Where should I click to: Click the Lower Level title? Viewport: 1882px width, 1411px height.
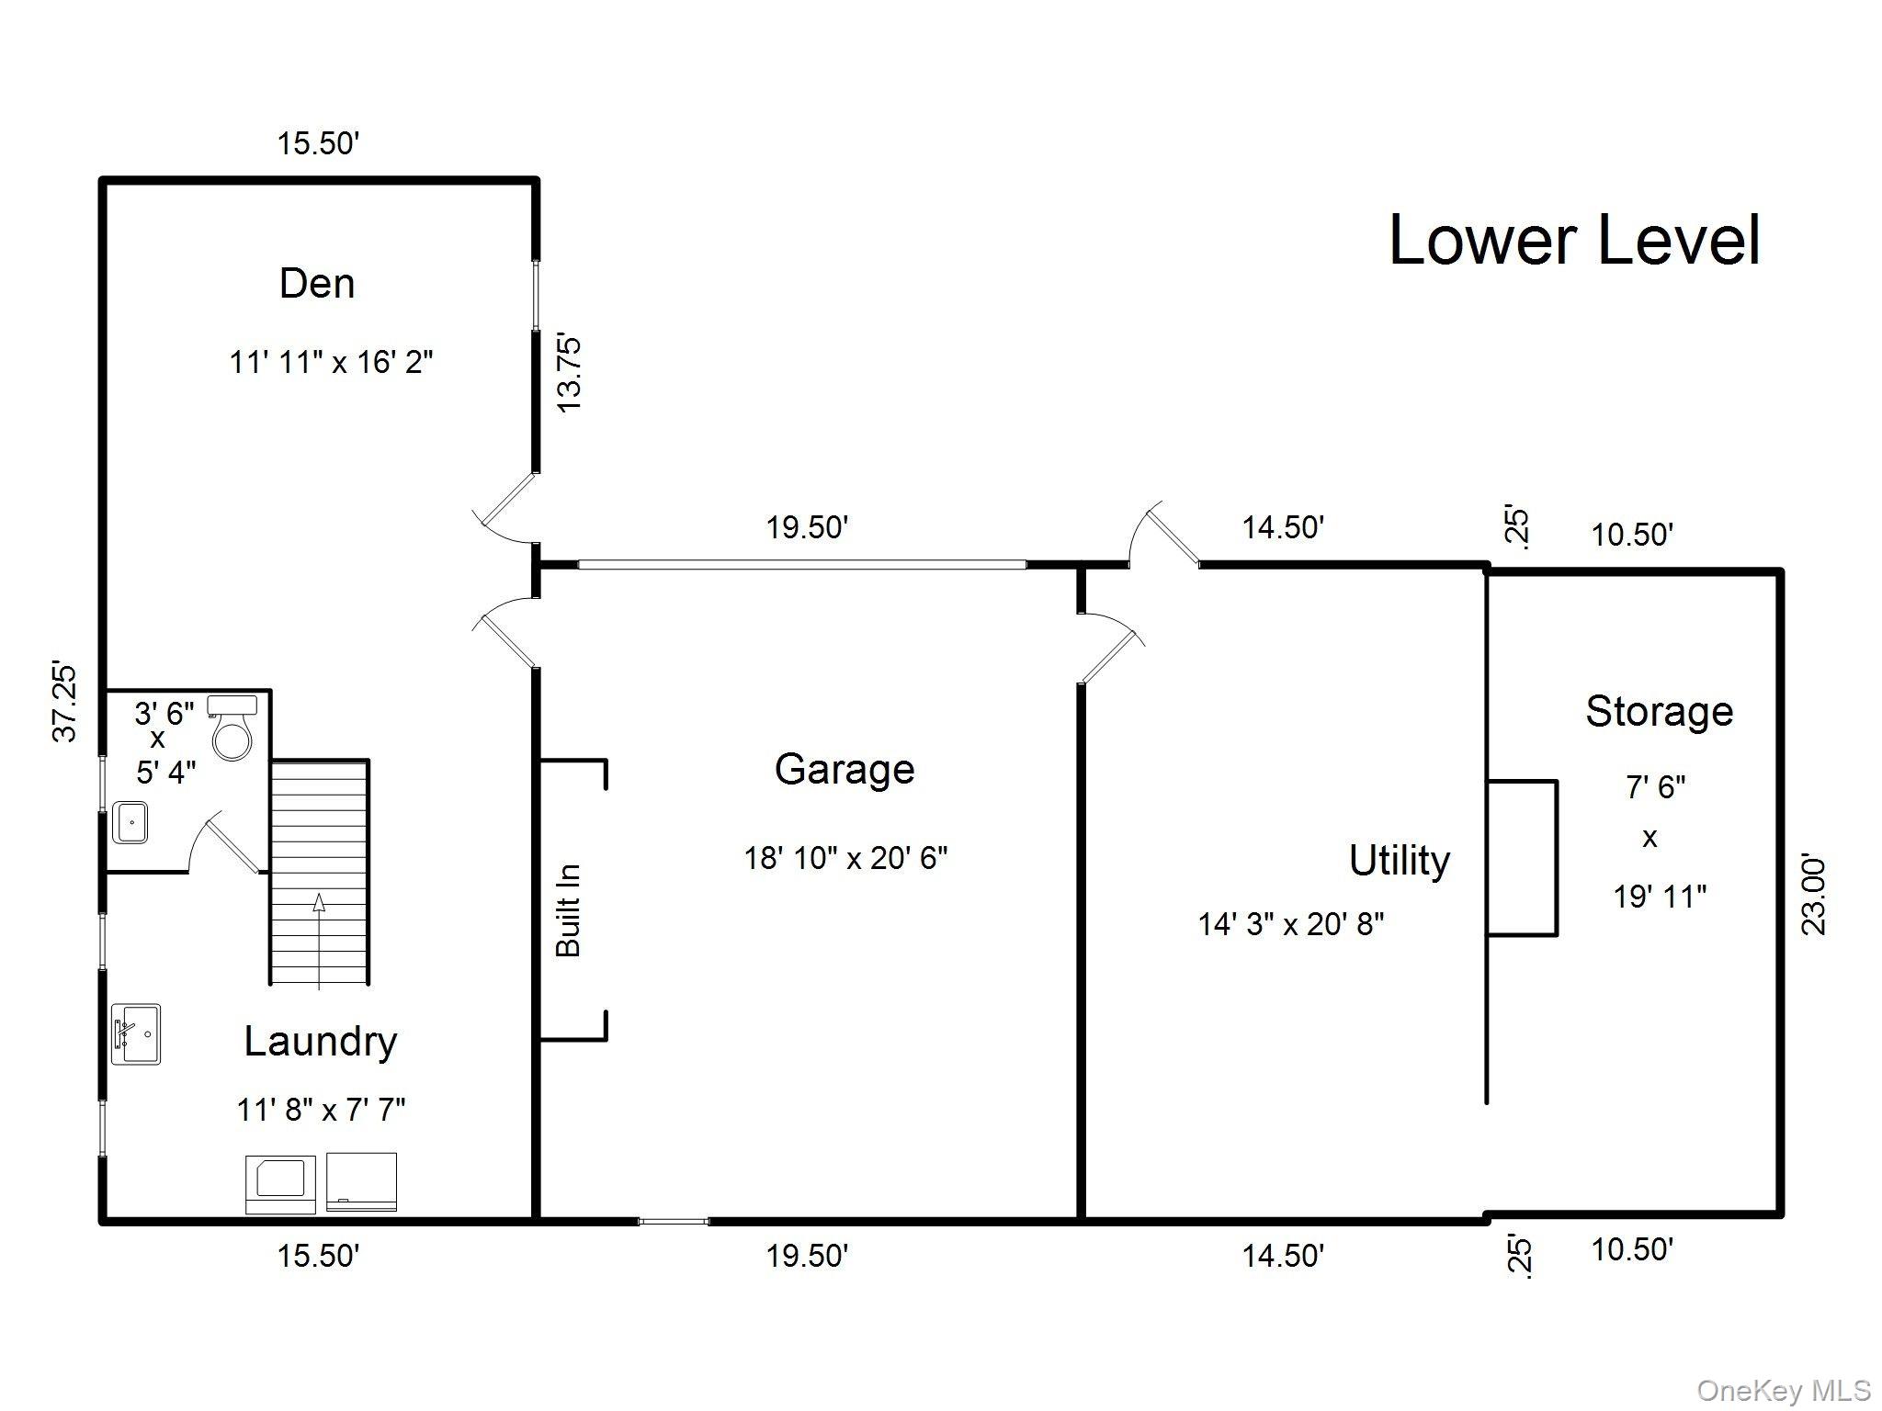(1573, 241)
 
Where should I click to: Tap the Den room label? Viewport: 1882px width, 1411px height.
(317, 283)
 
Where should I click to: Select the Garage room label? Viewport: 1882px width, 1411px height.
(844, 769)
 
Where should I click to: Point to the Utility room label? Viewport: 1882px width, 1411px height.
(1399, 861)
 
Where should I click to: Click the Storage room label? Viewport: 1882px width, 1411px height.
(1659, 711)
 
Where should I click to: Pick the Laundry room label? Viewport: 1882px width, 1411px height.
(320, 1041)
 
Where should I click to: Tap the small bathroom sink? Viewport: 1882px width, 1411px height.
(130, 821)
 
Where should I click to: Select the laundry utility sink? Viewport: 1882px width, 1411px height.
(135, 1033)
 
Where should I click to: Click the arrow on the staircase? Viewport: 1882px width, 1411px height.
(319, 903)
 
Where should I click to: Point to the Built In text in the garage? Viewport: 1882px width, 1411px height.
(569, 910)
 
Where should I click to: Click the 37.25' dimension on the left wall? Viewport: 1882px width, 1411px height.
(64, 700)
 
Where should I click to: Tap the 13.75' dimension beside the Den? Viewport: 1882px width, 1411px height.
(569, 374)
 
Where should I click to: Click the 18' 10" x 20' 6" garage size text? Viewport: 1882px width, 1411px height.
(845, 858)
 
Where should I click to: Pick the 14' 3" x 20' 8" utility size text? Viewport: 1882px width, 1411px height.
(1290, 923)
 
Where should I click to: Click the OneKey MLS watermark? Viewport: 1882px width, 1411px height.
(1784, 1391)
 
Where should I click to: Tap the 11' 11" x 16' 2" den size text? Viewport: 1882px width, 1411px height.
(331, 362)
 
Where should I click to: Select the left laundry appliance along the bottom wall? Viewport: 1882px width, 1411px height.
(280, 1184)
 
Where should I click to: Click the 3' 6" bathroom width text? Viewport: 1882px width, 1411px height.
(164, 712)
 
